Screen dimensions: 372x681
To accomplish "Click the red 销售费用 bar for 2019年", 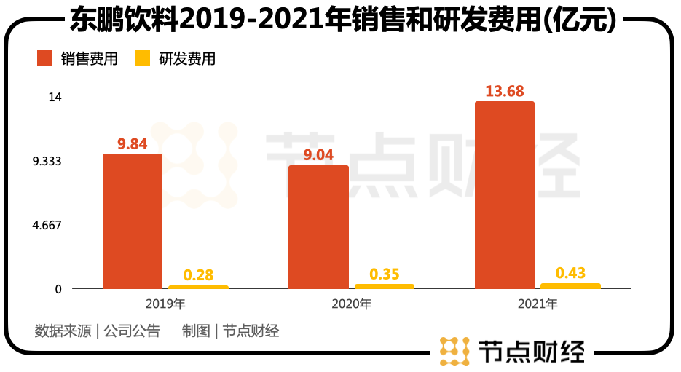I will pyautogui.click(x=132, y=221).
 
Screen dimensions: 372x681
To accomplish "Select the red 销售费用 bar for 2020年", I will pyautogui.click(x=318, y=227).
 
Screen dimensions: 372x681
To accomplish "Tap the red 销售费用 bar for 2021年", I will pyautogui.click(x=504, y=195).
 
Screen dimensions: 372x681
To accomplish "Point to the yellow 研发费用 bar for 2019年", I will pyautogui.click(x=198, y=287).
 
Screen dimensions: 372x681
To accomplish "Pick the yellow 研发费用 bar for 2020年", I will pyautogui.click(x=384, y=286).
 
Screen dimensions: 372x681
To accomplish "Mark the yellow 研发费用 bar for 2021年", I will pyautogui.click(x=570, y=286).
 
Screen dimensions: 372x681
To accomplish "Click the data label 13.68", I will pyautogui.click(x=505, y=91).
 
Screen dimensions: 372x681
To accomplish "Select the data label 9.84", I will pyautogui.click(x=133, y=143).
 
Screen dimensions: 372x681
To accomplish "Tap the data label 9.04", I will pyautogui.click(x=318, y=154).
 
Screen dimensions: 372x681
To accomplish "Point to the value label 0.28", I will pyautogui.click(x=198, y=275).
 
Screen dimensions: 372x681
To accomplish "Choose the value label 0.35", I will pyautogui.click(x=384, y=274).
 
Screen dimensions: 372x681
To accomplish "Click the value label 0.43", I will pyautogui.click(x=570, y=273).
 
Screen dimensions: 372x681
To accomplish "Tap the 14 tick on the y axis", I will pyautogui.click(x=55, y=97).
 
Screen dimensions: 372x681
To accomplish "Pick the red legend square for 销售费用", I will pyautogui.click(x=45, y=59).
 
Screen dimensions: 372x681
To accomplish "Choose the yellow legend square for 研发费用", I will pyautogui.click(x=142, y=59).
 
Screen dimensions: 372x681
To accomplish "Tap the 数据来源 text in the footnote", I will pyautogui.click(x=63, y=331).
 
